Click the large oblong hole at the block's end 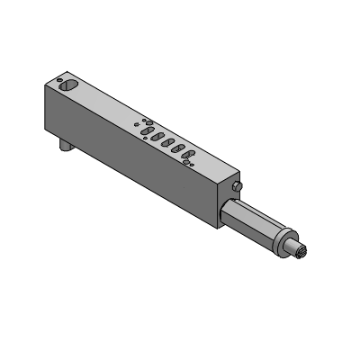(x=68, y=86)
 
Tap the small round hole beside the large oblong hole (x=58, y=79)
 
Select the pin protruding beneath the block (x=66, y=144)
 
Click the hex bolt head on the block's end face (x=236, y=186)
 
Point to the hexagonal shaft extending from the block (x=256, y=222)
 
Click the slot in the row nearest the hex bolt (x=189, y=156)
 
